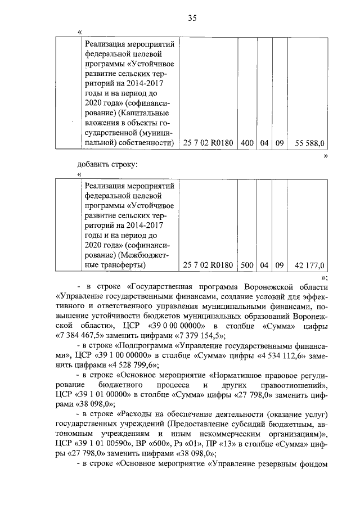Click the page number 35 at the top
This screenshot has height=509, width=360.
tap(192, 18)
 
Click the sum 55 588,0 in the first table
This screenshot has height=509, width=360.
tap(309, 143)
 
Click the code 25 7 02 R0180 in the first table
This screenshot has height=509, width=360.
tap(208, 143)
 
